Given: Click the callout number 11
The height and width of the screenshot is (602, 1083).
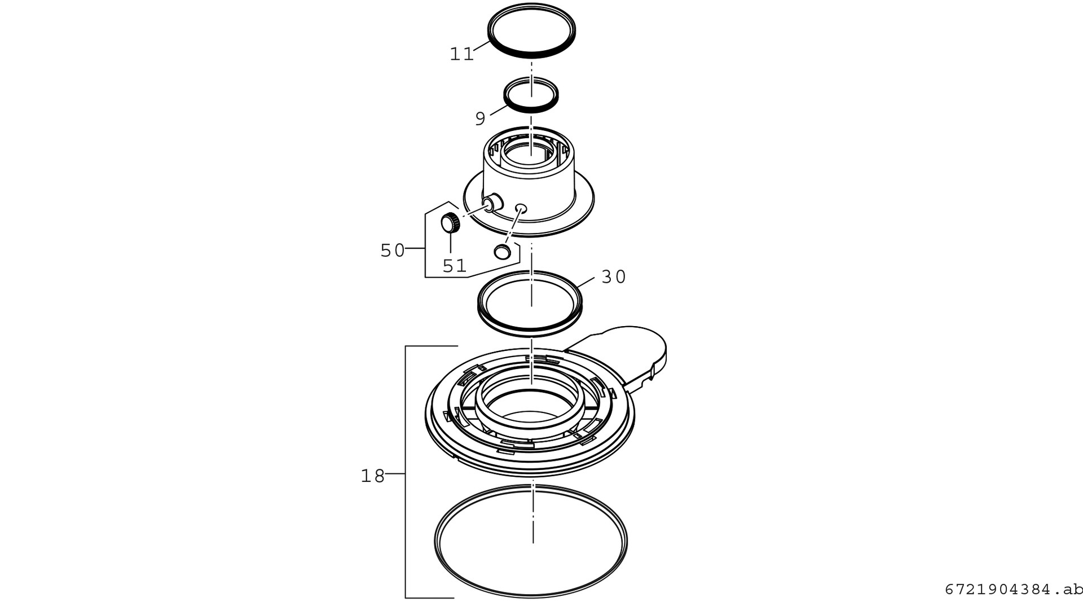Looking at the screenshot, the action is (x=461, y=54).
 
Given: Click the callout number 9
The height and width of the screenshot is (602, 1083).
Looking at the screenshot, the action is (x=480, y=119).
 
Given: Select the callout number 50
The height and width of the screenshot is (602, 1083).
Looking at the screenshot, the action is (x=393, y=251).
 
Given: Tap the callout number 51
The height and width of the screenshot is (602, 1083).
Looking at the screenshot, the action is (x=454, y=266).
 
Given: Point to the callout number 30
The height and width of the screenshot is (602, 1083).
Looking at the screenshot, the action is (x=614, y=277).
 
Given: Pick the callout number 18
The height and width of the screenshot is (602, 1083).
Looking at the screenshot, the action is (x=372, y=476).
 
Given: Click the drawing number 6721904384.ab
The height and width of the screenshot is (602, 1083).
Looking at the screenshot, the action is (x=1014, y=590).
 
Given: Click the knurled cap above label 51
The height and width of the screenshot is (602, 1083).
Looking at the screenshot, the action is (x=450, y=223).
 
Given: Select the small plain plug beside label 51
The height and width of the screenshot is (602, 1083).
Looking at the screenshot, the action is (x=502, y=251).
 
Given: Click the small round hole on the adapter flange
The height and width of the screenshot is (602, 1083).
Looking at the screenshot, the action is (x=521, y=208).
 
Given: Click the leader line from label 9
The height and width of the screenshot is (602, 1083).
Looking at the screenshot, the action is (x=499, y=110).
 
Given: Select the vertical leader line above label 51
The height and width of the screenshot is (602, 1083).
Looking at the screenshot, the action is (x=450, y=243).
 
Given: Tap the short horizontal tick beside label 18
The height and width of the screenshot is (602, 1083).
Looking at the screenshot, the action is (x=395, y=474).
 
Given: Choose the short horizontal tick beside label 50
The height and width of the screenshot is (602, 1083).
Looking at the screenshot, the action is (x=415, y=248).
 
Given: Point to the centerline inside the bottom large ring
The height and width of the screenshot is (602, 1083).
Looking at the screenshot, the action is (x=533, y=517).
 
